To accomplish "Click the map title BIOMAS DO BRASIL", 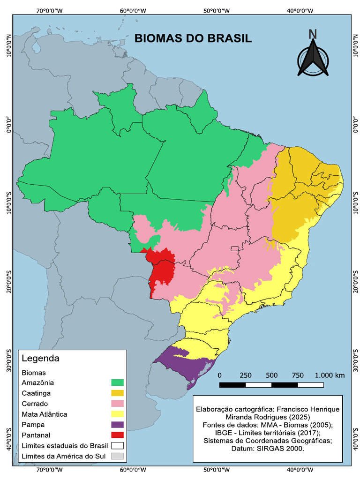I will pos(193,38).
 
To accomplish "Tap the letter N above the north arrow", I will pos(313,34).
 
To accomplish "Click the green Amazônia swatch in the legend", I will pos(117,383).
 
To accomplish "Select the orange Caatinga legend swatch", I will pos(117,393).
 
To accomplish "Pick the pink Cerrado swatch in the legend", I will pos(117,404).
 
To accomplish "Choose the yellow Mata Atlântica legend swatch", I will pos(117,414).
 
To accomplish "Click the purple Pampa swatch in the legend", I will pos(117,424).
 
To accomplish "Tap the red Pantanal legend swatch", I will pos(117,435).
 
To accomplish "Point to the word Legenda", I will pos(41,359).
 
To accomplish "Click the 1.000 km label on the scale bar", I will pos(330,375).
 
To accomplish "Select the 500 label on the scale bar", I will pos(271,375).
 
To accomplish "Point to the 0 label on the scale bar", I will pos(220,375).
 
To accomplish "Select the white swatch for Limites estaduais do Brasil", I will pos(117,445).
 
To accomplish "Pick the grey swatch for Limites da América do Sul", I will pos(117,456).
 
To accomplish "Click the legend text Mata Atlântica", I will pos(44,414).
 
